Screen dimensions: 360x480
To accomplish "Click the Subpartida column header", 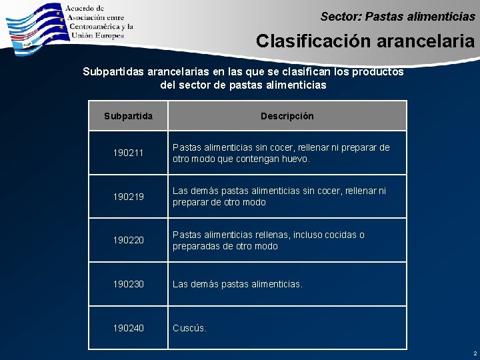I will click(128, 116).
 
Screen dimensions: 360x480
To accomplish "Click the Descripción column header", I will click(287, 116).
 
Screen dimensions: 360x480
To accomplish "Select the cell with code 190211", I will click(128, 153).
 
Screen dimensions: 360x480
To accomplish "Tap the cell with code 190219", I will click(128, 197).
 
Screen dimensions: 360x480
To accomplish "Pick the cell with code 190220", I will click(128, 241).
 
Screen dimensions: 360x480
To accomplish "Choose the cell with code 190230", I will click(128, 284).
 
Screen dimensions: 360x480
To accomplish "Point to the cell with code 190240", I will click(128, 328).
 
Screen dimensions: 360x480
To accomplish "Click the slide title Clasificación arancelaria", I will click(365, 41).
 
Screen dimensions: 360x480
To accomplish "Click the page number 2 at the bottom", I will click(475, 353).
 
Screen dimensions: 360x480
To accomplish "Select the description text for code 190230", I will click(237, 284).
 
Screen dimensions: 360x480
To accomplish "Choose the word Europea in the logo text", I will click(108, 35).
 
